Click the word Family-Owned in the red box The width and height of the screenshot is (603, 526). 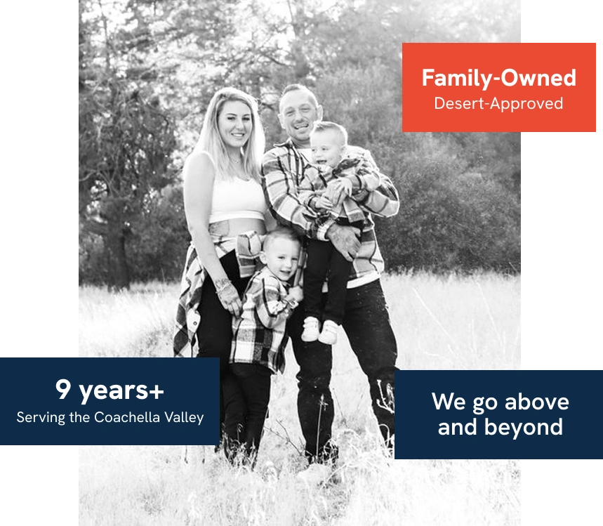pyautogui.click(x=499, y=78)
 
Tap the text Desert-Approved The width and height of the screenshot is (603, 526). pyautogui.click(x=499, y=103)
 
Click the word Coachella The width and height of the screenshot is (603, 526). pyautogui.click(x=127, y=417)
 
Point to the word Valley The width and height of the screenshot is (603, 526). pyautogui.click(x=184, y=417)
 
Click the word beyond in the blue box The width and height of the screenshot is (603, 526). pyautogui.click(x=524, y=427)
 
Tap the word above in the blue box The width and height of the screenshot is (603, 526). pyautogui.click(x=536, y=402)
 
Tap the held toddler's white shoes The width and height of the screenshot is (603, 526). pyautogui.click(x=319, y=331)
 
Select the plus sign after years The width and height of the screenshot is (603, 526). pyautogui.click(x=156, y=392)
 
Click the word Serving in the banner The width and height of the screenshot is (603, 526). pyautogui.click(x=41, y=418)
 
